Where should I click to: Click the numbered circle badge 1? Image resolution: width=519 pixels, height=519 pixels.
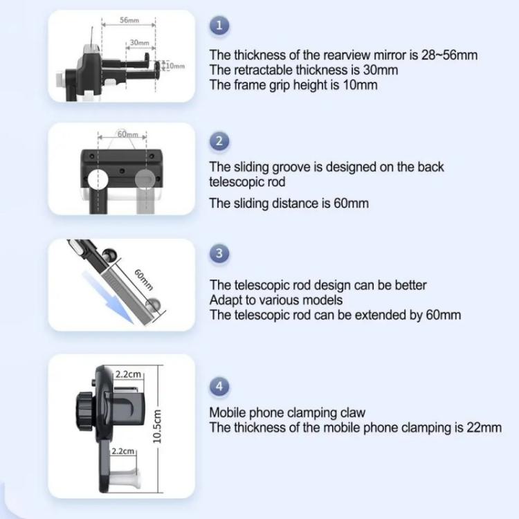click(x=219, y=26)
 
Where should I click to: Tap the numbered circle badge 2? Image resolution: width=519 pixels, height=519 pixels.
click(x=219, y=142)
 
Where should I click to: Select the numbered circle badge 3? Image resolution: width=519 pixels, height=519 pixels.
click(x=219, y=253)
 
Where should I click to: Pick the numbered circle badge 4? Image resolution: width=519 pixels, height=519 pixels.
click(x=219, y=387)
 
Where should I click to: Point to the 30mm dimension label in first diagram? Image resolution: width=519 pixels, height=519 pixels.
click(x=140, y=43)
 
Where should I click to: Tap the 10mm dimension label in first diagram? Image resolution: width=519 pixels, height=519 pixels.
click(x=177, y=66)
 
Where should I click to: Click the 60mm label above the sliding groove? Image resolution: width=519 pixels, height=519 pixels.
click(x=127, y=134)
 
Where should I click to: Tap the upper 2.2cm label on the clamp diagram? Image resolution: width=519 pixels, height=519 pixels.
click(x=128, y=374)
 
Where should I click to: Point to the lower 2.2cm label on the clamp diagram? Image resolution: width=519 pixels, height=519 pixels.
click(x=122, y=450)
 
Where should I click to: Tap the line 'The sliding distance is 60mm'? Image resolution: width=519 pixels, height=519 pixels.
click(x=289, y=203)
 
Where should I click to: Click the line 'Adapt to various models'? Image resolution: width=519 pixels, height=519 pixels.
click(x=276, y=300)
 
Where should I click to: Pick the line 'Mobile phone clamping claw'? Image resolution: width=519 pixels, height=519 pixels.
click(x=287, y=413)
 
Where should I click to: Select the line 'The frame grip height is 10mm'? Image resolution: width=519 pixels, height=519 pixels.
click(x=293, y=85)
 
